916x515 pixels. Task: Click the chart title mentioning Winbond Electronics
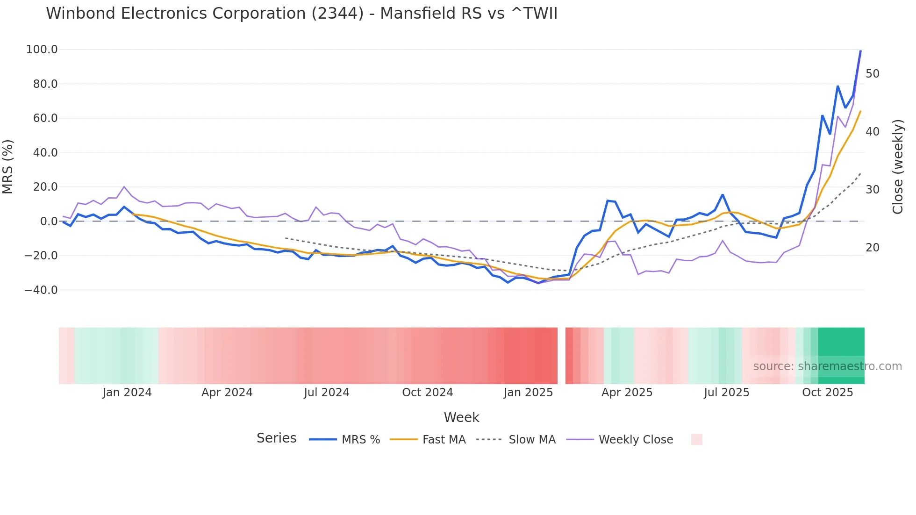tap(301, 14)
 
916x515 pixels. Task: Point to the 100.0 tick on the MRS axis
tap(42, 50)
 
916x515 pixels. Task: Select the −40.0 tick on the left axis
tap(41, 290)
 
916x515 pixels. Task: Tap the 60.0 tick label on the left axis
tap(45, 118)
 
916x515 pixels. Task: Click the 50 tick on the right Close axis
tap(872, 74)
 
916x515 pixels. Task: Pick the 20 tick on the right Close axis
tap(872, 248)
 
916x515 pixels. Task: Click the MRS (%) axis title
tap(8, 166)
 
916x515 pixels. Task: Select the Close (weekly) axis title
tap(897, 167)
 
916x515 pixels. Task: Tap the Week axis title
tap(461, 417)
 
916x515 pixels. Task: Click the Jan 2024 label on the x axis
tap(127, 393)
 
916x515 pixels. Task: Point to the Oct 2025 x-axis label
tap(827, 393)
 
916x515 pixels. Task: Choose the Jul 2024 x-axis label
tap(326, 393)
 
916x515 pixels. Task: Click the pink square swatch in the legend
tap(696, 439)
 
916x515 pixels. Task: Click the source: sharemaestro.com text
tap(827, 366)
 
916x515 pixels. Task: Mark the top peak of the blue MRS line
tap(860, 50)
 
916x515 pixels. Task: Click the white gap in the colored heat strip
tap(561, 356)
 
